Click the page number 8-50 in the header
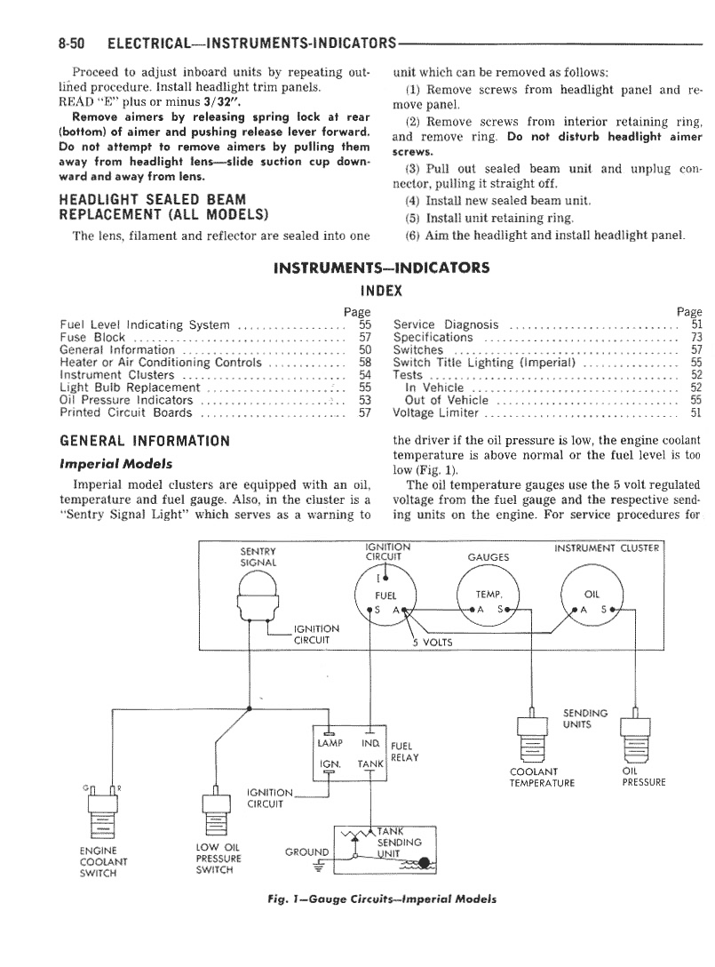pos(71,44)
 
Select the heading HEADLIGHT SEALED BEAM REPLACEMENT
pos(163,207)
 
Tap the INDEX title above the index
pos(381,292)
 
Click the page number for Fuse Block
pos(365,338)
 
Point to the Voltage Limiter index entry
pos(435,412)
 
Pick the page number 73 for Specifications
pos(695,338)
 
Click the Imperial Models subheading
pos(115,464)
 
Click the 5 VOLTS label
pos(433,642)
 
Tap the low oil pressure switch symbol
pos(217,811)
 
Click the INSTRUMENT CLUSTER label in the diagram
pos(607,547)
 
